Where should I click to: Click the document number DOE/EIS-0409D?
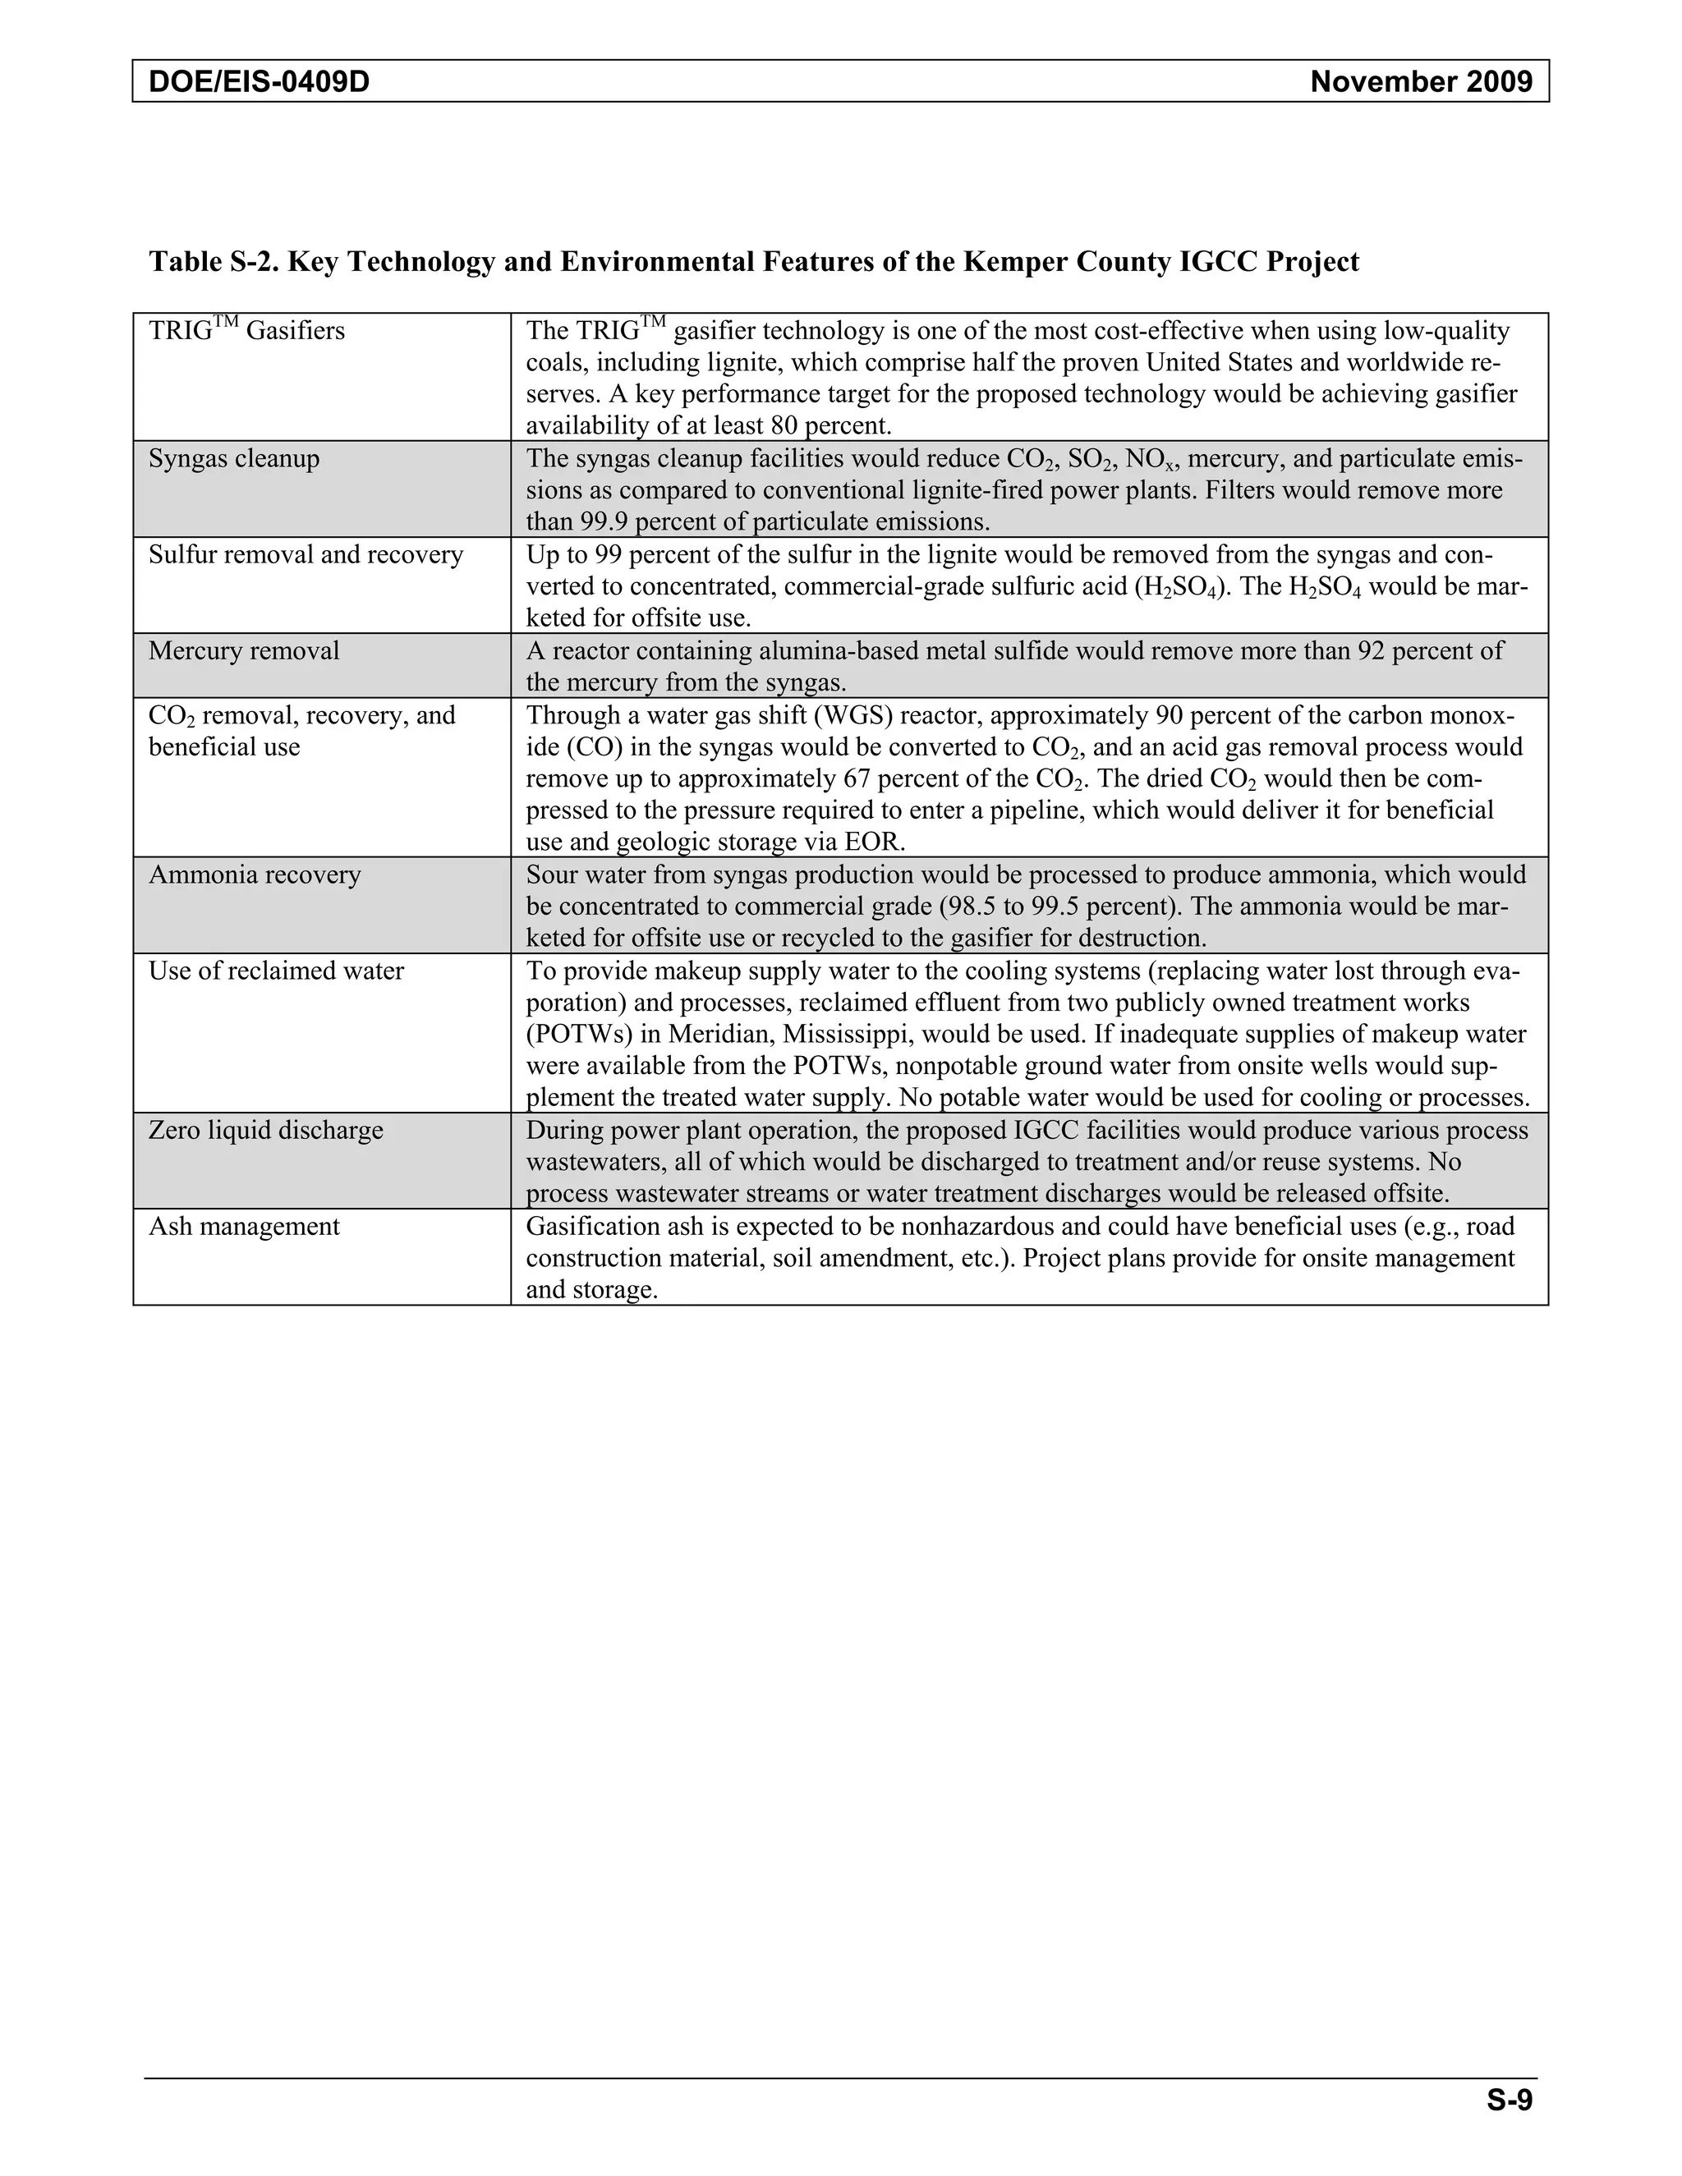pos(259,81)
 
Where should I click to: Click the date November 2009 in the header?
pos(1421,81)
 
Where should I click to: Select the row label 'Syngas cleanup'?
pos(234,459)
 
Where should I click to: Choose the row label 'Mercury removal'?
pos(244,652)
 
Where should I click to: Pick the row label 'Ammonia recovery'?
pos(255,875)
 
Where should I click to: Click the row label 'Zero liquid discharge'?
pos(266,1131)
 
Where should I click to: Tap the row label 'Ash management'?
pos(244,1227)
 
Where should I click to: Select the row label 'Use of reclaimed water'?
pos(276,971)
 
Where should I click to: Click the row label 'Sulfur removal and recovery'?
pos(306,555)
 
